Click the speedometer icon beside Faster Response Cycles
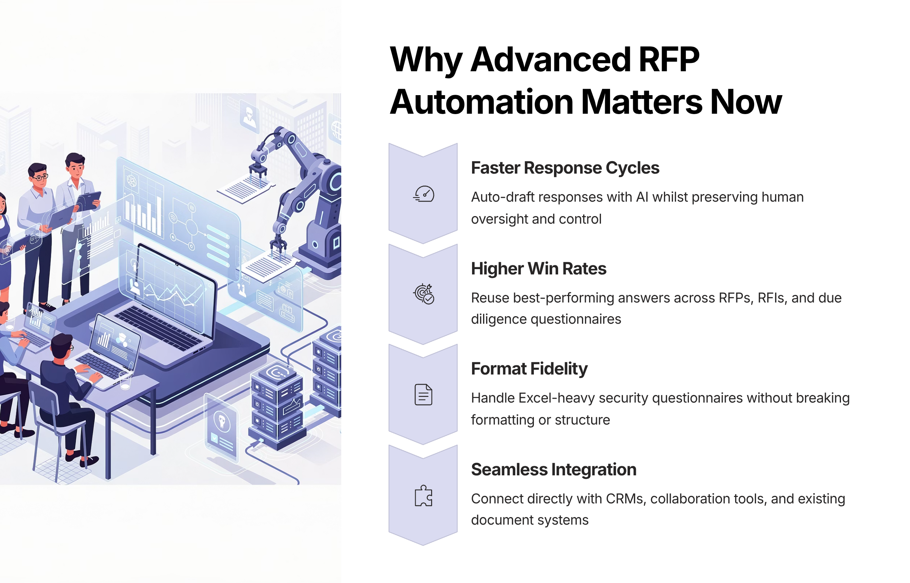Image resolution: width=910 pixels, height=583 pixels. [424, 194]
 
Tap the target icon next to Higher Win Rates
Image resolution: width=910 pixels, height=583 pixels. [424, 294]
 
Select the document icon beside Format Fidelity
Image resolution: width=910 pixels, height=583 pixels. [423, 394]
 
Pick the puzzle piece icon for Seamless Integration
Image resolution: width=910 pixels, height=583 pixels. [423, 495]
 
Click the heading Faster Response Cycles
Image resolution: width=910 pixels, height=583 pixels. [565, 168]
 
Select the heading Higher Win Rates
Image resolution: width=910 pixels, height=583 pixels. [538, 269]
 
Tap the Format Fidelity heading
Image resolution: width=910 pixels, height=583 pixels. [529, 369]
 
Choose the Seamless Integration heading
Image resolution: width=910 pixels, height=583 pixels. [554, 470]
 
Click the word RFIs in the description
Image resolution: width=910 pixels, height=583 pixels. [772, 298]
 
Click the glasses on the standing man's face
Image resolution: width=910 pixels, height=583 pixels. [40, 177]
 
